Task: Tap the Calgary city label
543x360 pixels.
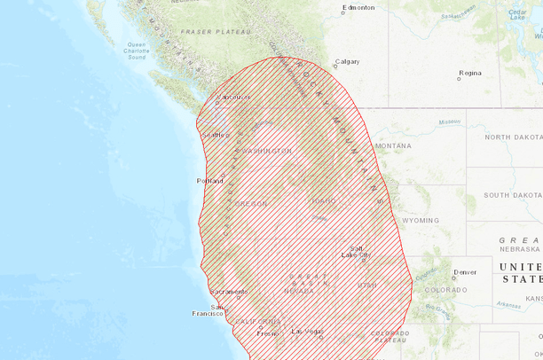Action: (347, 62)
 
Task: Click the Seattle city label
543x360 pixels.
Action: (215, 135)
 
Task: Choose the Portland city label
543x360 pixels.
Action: (210, 181)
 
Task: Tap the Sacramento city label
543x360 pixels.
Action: (229, 292)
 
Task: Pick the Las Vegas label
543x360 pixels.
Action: (307, 332)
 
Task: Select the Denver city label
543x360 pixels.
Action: (465, 272)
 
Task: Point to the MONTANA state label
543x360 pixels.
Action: (393, 145)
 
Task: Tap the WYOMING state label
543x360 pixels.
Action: (420, 220)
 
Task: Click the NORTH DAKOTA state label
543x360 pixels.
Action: (512, 137)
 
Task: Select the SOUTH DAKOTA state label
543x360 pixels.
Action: (512, 194)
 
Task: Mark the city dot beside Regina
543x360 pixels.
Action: (459, 79)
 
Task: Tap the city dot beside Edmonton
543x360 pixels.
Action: (343, 12)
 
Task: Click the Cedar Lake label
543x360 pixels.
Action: (519, 12)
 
